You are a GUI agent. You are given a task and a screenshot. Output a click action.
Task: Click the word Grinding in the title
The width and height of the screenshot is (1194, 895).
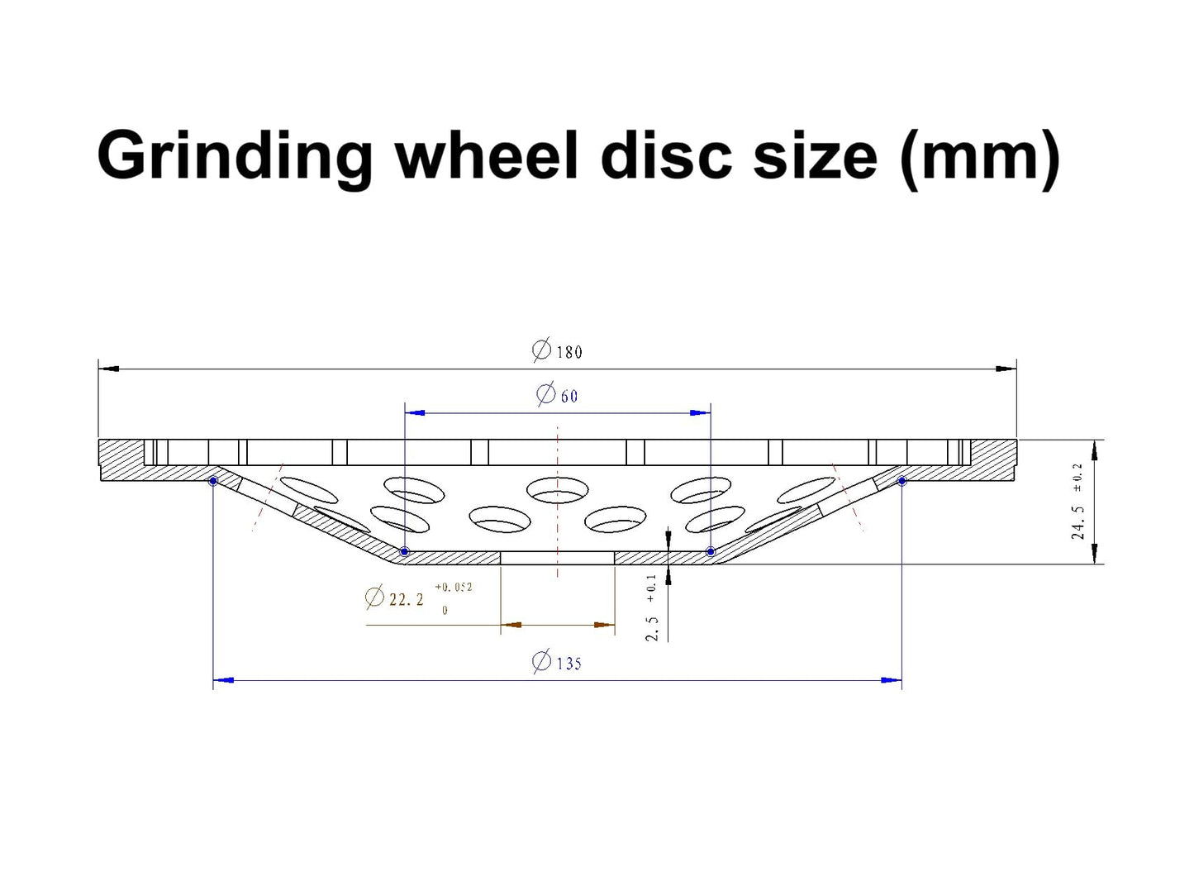pyautogui.click(x=235, y=156)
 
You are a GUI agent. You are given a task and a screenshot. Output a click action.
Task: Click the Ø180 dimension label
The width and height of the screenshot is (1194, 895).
pyautogui.click(x=557, y=350)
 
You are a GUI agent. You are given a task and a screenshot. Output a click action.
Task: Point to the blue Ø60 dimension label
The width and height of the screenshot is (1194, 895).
pyautogui.click(x=557, y=394)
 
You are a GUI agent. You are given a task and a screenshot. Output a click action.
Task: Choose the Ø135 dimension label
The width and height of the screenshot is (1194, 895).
pyautogui.click(x=557, y=662)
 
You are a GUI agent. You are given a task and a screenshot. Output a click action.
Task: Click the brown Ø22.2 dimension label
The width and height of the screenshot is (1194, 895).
pyautogui.click(x=394, y=598)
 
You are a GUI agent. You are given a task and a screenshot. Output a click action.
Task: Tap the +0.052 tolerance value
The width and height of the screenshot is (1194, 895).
pyautogui.click(x=453, y=587)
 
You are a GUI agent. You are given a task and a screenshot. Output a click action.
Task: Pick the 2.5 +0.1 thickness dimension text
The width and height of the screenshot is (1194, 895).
pyautogui.click(x=652, y=607)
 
